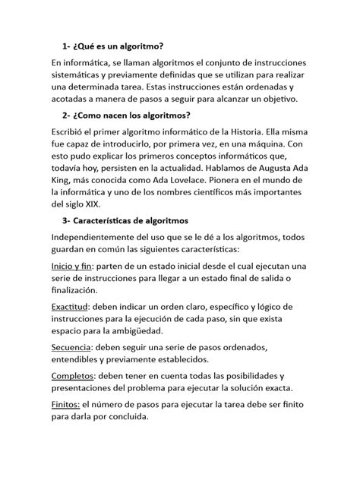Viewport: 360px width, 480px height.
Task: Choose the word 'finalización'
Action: coord(74,291)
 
